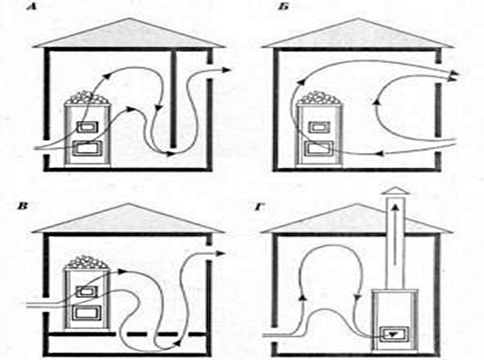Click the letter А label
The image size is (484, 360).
tap(32, 7)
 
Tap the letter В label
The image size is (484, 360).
tap(22, 206)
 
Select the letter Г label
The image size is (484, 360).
tap(259, 206)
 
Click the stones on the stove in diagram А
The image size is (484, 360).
tap(88, 98)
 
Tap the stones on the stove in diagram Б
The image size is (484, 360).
tap(319, 98)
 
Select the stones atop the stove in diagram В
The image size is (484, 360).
tap(87, 262)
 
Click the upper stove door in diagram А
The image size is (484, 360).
tap(88, 127)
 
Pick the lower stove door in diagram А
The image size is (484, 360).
tap(87, 148)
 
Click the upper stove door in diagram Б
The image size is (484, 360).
tap(319, 127)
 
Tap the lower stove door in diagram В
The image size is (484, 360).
tap(87, 313)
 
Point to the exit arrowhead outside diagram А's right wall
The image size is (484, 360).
tap(226, 70)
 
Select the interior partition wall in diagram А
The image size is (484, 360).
tap(174, 98)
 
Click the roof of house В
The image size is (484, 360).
tap(129, 219)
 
